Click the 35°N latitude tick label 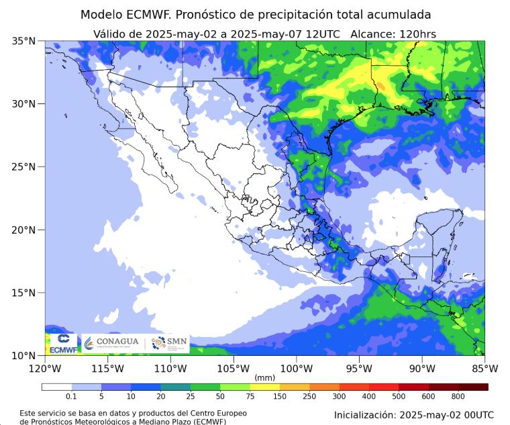23,41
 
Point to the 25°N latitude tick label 23,167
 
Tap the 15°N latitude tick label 23,293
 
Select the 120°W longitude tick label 45,368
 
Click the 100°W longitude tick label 296,368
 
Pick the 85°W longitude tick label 484,368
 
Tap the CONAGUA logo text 117,342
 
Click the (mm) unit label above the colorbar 264,378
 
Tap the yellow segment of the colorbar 264,387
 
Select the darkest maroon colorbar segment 473,387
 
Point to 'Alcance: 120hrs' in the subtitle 389,34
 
